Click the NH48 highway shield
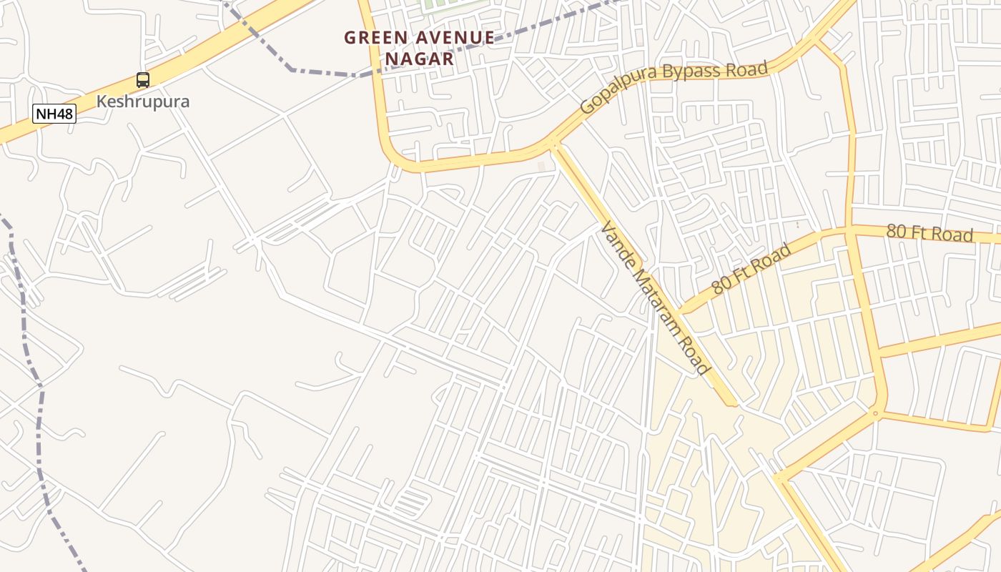(54, 113)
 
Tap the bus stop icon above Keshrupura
(143, 80)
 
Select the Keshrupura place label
(143, 101)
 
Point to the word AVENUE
(453, 38)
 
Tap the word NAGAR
(420, 59)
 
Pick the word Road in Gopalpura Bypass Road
(749, 69)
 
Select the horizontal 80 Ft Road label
(929, 233)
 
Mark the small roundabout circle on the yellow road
(875, 413)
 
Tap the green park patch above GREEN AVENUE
(443, 6)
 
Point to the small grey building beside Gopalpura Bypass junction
(541, 167)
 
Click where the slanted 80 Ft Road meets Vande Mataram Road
(680, 312)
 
